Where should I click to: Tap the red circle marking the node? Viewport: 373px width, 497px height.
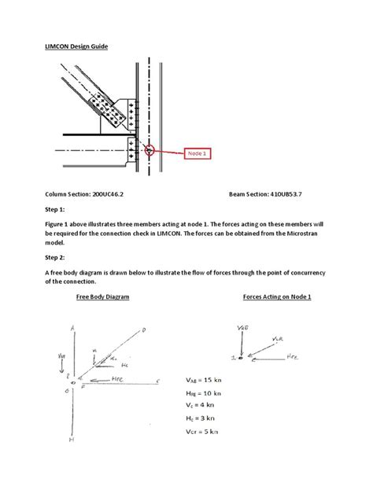(151, 146)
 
